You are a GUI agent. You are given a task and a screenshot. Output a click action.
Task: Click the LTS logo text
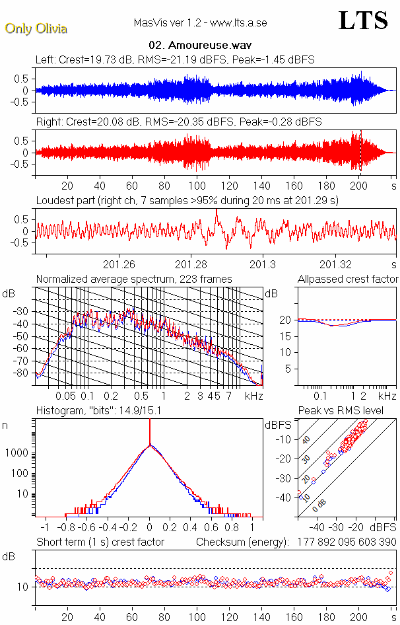click(363, 20)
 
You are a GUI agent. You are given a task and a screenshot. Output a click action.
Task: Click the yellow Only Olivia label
click(36, 28)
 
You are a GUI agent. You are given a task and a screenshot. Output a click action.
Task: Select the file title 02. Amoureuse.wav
click(199, 46)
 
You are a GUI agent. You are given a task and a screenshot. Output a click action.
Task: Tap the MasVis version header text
click(199, 23)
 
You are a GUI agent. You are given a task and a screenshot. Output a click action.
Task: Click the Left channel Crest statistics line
click(175, 59)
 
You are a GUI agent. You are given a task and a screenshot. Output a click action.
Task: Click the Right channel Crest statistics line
click(179, 122)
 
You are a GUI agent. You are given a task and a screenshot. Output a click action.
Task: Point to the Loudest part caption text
click(187, 200)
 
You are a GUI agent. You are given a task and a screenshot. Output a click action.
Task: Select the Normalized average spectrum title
click(134, 279)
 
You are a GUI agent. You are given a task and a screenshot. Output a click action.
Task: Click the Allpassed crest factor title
click(348, 279)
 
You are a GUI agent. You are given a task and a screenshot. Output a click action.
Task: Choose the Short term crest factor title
click(100, 542)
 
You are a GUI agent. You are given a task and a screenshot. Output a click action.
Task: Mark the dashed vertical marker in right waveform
click(361, 151)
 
